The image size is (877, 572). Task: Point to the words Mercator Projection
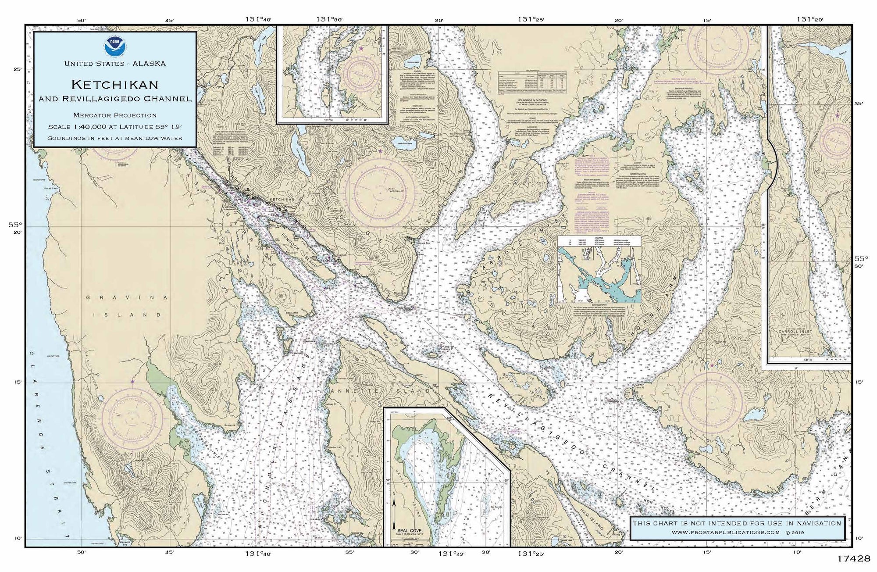(114, 115)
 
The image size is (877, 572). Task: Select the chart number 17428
(852, 559)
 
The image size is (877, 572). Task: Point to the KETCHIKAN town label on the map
(284, 199)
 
